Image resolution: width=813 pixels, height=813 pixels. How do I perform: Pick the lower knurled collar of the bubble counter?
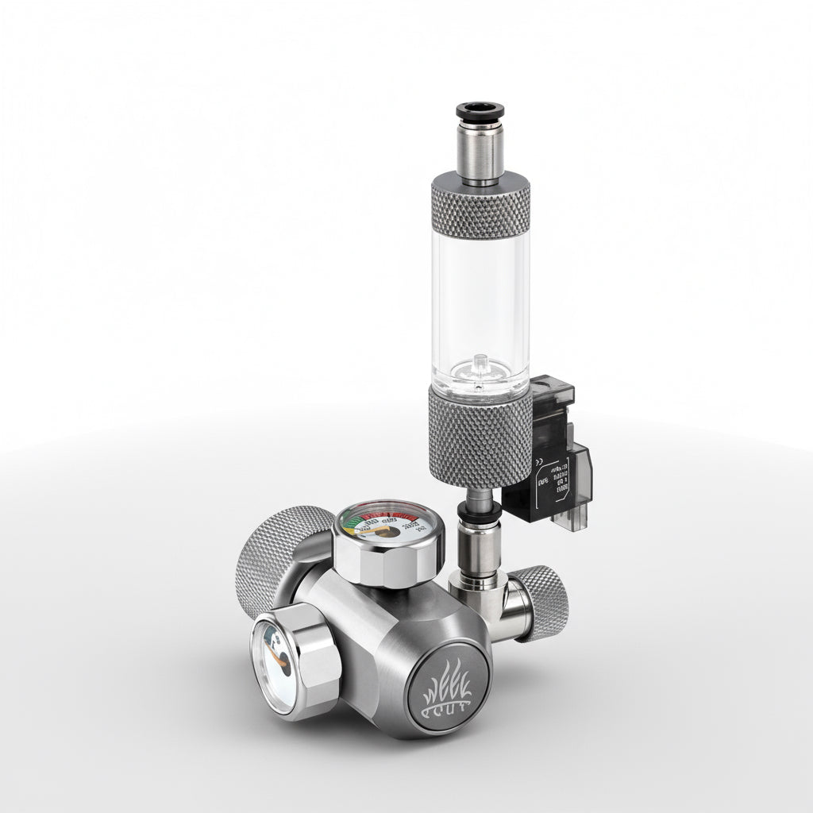[480, 437]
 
